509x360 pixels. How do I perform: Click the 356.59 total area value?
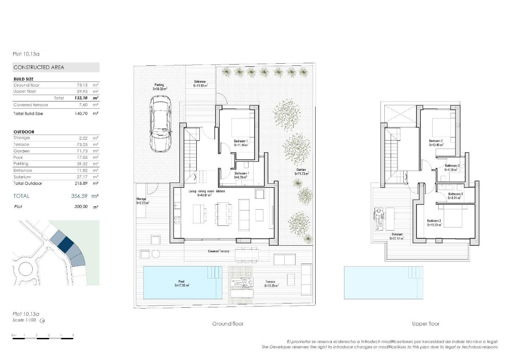(79, 196)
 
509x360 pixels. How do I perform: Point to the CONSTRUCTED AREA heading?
(39, 67)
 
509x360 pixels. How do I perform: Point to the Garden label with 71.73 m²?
(302, 172)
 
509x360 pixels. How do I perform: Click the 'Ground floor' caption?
(228, 324)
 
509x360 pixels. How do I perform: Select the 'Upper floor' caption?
(425, 324)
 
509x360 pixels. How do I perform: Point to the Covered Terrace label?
(218, 251)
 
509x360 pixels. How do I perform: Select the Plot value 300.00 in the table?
(81, 207)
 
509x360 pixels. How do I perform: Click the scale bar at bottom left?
(43, 336)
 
